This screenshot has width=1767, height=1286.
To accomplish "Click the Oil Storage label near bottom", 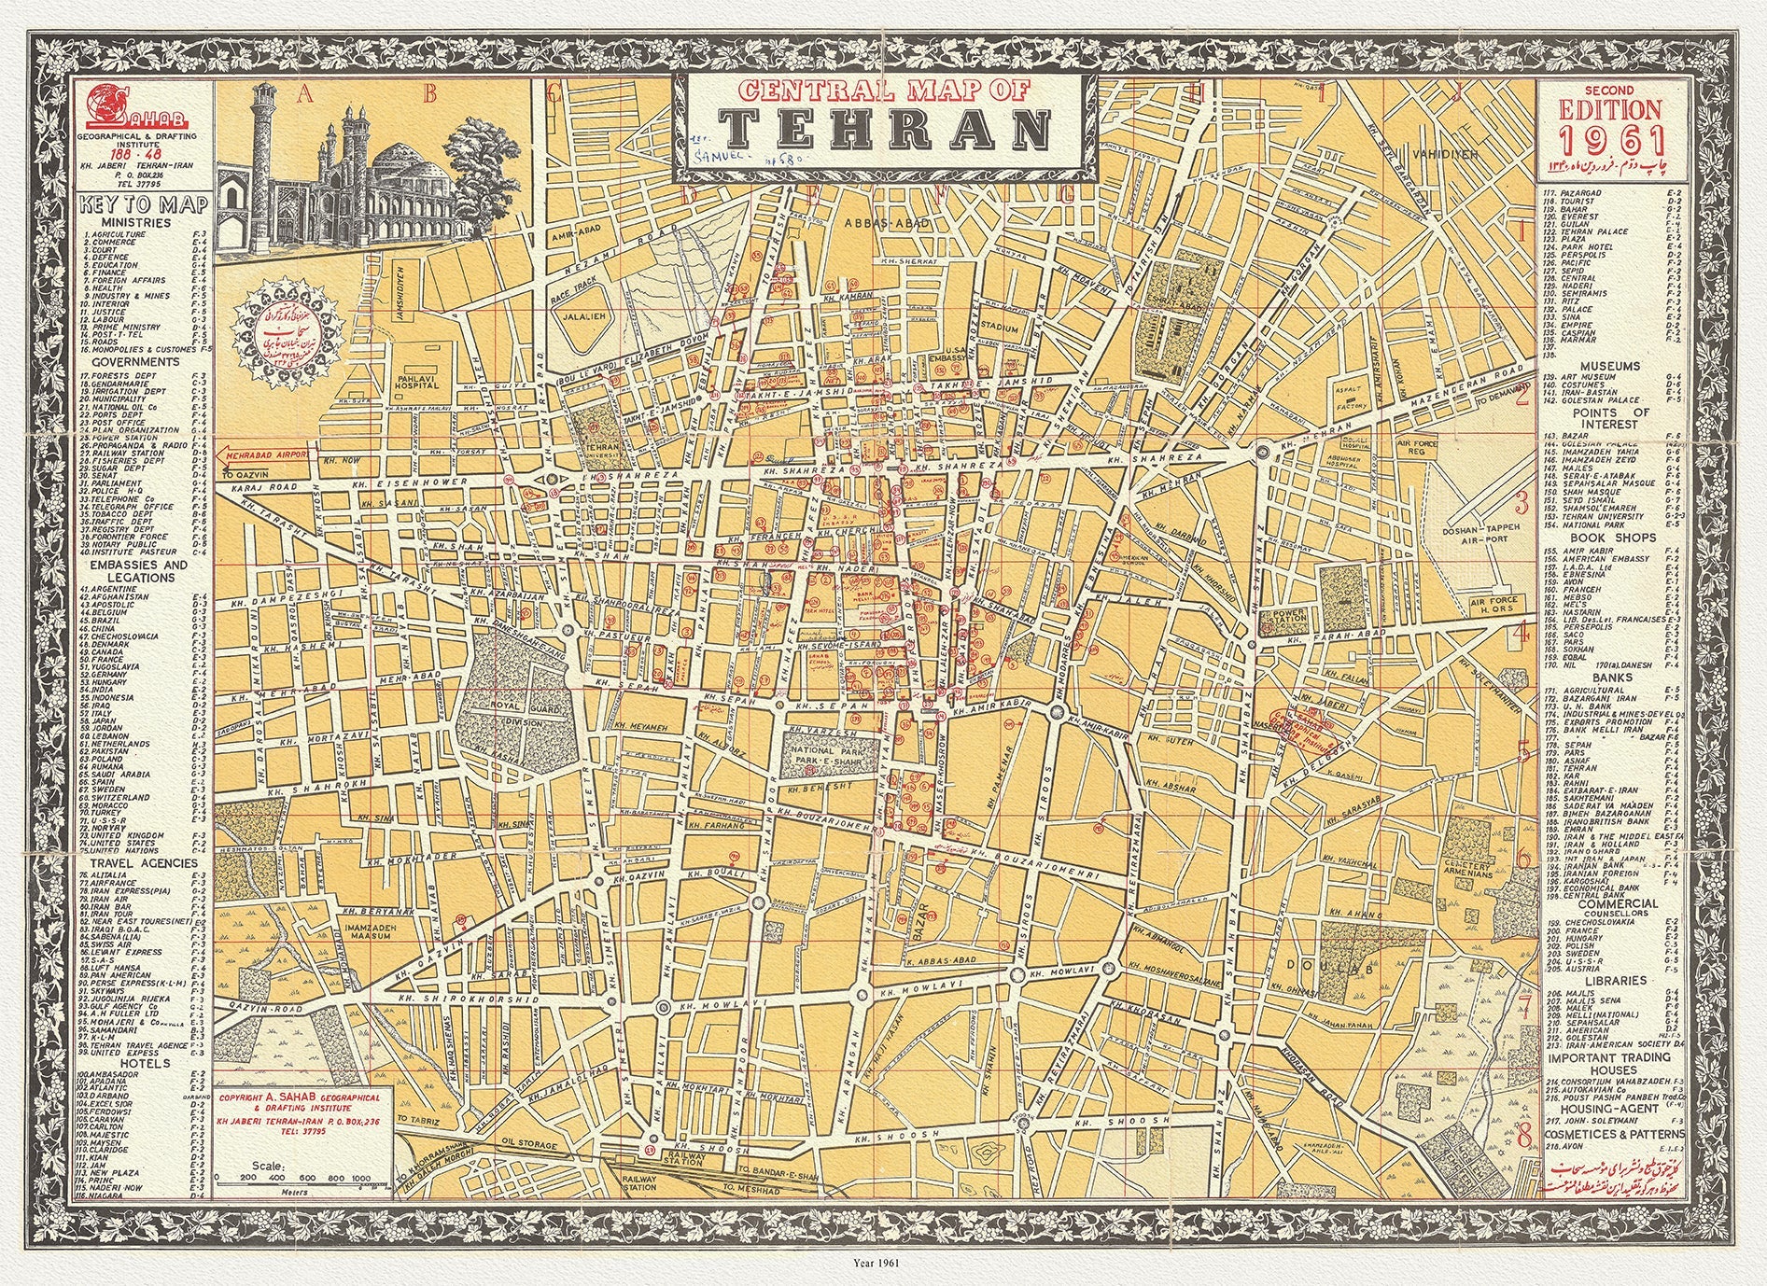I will (x=530, y=1144).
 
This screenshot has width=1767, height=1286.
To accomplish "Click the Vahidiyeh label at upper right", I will (x=1445, y=153).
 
